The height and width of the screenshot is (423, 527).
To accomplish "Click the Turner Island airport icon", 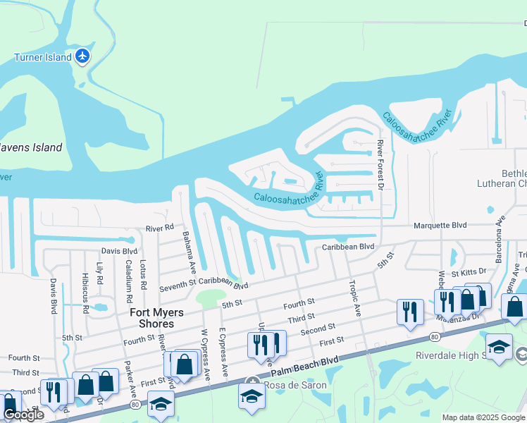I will click(83, 56).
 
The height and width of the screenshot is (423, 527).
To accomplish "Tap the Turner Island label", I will click(44, 57).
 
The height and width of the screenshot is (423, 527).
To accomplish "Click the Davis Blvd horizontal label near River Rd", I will click(119, 250).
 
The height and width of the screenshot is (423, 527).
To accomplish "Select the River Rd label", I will click(159, 228).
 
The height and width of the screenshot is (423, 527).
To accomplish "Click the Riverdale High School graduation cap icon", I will click(499, 346).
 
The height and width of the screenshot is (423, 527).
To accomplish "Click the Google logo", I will click(23, 415).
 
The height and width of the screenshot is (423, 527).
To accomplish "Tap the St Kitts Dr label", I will click(469, 272).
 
